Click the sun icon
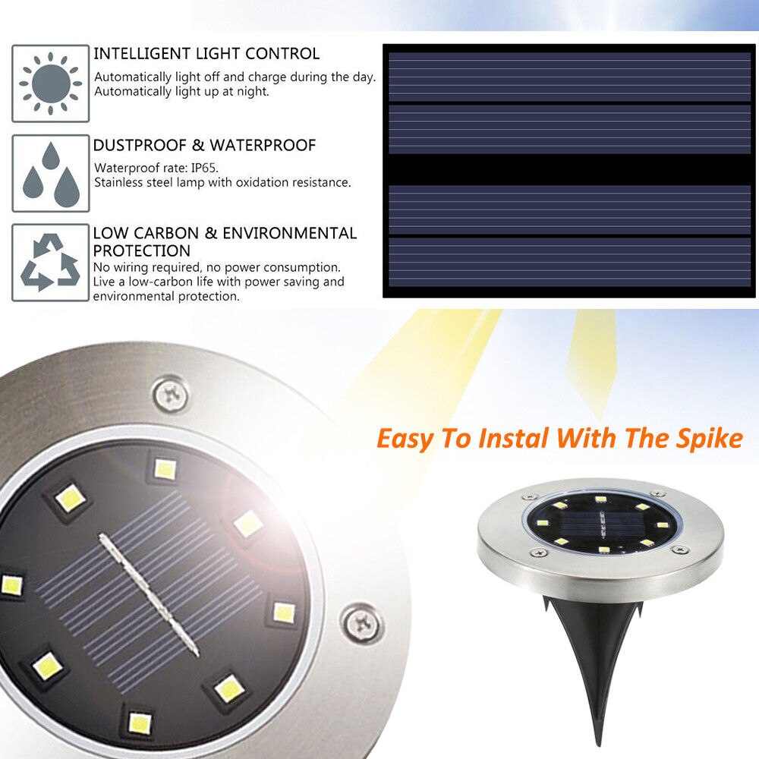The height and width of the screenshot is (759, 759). point(50,83)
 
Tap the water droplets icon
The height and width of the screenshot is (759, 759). point(50,173)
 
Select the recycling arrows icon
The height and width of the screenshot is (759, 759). point(50,263)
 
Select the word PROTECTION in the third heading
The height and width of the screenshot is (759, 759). point(142,250)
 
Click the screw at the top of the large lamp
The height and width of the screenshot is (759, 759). point(170,393)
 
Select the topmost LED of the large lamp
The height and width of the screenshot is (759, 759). point(165,469)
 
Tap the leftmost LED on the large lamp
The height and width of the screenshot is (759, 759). point(11,584)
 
